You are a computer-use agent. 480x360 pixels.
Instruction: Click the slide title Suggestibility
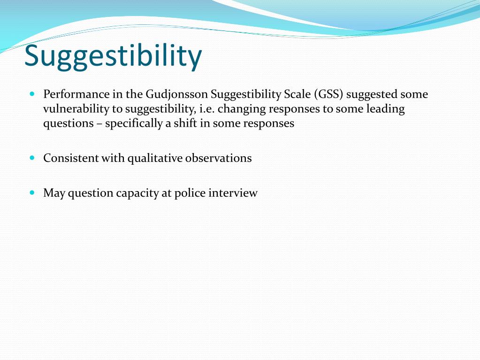coord(113,56)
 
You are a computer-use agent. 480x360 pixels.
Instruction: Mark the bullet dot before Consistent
coord(32,158)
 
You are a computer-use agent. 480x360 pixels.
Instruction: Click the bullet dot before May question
coord(32,192)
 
